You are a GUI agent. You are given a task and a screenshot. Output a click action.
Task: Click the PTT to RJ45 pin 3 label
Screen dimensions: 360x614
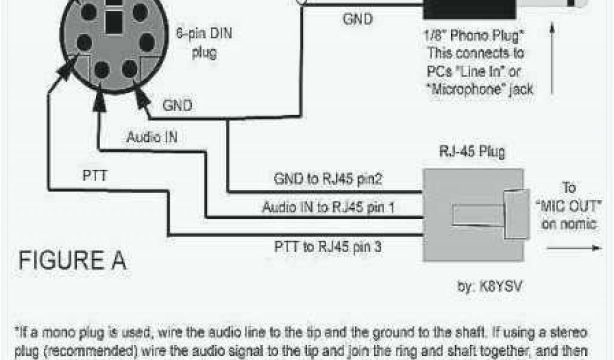click(328, 245)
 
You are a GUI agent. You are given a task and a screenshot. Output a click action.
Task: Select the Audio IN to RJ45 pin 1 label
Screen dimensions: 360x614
click(329, 208)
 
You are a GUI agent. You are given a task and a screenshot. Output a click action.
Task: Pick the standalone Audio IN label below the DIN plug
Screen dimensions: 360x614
click(152, 137)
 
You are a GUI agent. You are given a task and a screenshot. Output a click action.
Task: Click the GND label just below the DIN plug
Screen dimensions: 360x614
click(178, 106)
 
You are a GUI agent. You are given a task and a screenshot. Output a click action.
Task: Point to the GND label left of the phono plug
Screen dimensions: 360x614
click(357, 19)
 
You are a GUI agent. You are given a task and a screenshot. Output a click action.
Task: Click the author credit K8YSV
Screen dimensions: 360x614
click(490, 287)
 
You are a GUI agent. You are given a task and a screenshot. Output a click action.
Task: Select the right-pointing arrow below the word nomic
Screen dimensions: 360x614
click(575, 247)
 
